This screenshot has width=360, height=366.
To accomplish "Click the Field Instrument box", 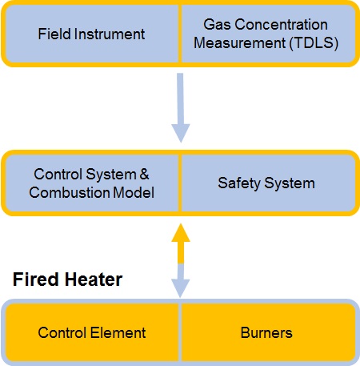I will (x=91, y=34).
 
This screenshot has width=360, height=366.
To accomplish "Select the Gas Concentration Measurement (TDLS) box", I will (x=266, y=34).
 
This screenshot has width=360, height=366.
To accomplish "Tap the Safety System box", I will (x=266, y=183).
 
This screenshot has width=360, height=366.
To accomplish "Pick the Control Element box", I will (x=91, y=331).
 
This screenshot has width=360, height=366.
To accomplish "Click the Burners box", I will (x=266, y=331).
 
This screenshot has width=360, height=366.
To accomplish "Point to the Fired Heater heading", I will (x=66, y=280).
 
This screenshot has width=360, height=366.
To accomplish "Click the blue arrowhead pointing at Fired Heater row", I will (x=182, y=288).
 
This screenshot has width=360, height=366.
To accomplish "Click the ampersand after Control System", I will (x=144, y=174).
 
